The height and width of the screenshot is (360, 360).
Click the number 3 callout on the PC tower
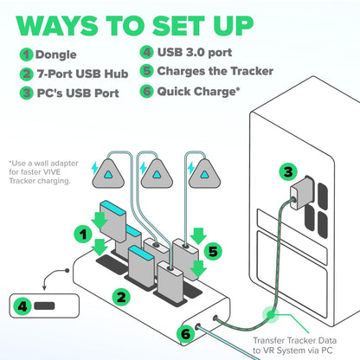tap(286, 173)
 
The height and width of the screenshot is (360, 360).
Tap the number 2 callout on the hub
tap(123, 297)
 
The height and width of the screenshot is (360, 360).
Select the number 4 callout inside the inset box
tap(22, 305)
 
